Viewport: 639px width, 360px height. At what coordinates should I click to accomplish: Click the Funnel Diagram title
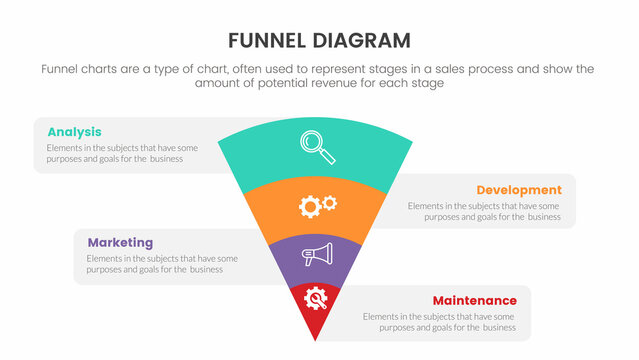click(x=319, y=41)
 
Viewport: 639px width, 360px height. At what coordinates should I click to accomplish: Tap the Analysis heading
click(x=74, y=132)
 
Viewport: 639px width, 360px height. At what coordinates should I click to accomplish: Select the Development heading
click(x=519, y=190)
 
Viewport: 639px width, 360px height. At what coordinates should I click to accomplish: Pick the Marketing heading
click(x=120, y=242)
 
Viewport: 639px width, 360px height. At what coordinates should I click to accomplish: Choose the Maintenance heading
click(x=474, y=300)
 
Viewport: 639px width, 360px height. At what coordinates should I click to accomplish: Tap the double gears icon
click(x=317, y=205)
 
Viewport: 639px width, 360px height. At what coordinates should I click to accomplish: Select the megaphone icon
click(x=317, y=255)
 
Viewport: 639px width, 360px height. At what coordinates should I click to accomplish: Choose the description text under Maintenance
click(x=439, y=321)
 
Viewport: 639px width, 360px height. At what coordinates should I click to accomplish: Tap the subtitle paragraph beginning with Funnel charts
click(x=319, y=77)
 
